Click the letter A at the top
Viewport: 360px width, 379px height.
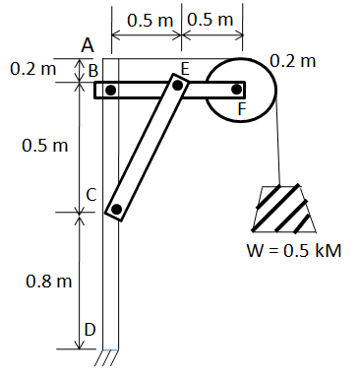[x=88, y=44]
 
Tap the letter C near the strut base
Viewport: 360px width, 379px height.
[x=90, y=196]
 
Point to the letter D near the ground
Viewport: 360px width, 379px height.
[x=90, y=330]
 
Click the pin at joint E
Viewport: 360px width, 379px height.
[x=177, y=85]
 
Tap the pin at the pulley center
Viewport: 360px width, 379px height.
[x=236, y=89]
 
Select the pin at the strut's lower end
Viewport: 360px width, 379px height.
[x=116, y=209]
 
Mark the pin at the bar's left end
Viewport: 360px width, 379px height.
[x=111, y=90]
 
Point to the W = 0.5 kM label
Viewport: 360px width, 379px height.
[x=293, y=251]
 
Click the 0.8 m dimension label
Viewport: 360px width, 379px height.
[x=49, y=281]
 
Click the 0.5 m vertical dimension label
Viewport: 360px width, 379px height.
[x=45, y=146]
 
